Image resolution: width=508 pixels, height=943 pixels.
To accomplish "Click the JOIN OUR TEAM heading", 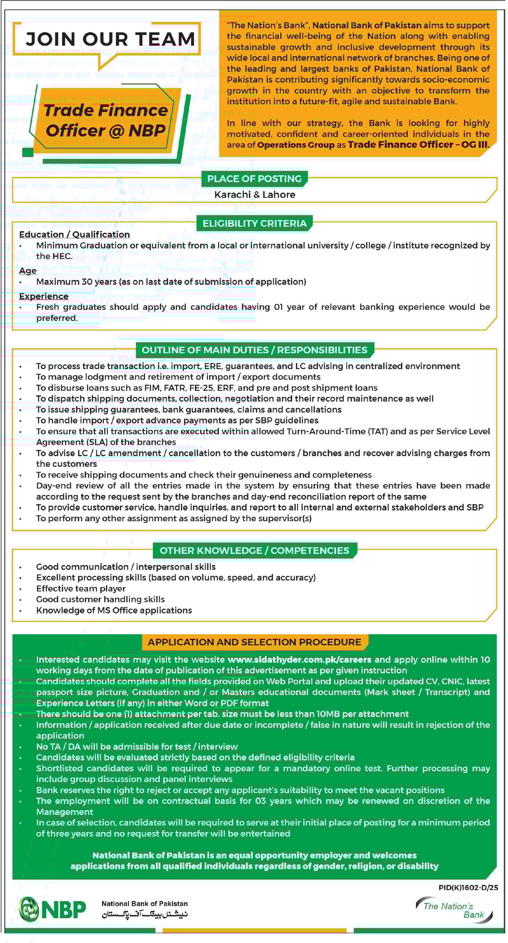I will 110,39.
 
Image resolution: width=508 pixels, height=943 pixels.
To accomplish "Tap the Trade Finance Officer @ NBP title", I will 106,120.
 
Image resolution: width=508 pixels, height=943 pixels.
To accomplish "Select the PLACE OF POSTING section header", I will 254,179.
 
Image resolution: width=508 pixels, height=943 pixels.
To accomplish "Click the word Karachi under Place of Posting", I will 232,195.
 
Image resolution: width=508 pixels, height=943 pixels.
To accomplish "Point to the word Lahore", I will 279,195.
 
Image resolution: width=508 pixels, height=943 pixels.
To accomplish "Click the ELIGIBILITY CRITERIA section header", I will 255,224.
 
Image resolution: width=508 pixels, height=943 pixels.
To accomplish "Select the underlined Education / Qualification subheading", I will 74,235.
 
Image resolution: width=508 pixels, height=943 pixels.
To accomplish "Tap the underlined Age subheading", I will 28,271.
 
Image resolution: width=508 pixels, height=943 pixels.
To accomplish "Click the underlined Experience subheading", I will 44,296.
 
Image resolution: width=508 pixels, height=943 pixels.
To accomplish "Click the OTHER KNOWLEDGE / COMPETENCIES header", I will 254,550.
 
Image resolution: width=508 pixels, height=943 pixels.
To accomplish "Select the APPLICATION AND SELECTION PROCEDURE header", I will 254,642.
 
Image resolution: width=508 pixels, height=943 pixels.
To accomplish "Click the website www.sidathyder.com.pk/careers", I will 299,660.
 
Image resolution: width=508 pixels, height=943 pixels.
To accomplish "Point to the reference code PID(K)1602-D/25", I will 468,887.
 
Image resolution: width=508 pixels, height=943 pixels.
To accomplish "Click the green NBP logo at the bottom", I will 52,909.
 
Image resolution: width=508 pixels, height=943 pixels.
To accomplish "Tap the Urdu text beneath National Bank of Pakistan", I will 145,915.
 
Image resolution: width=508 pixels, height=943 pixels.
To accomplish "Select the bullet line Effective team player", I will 81,589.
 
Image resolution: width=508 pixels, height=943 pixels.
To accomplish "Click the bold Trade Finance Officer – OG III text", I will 418,145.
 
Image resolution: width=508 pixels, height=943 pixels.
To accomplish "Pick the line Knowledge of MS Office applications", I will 114,610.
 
